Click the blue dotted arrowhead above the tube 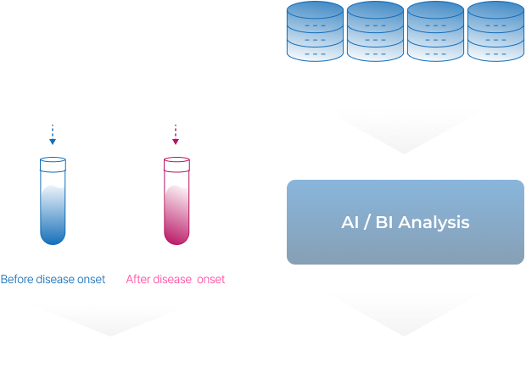53,141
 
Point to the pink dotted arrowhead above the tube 176,141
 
